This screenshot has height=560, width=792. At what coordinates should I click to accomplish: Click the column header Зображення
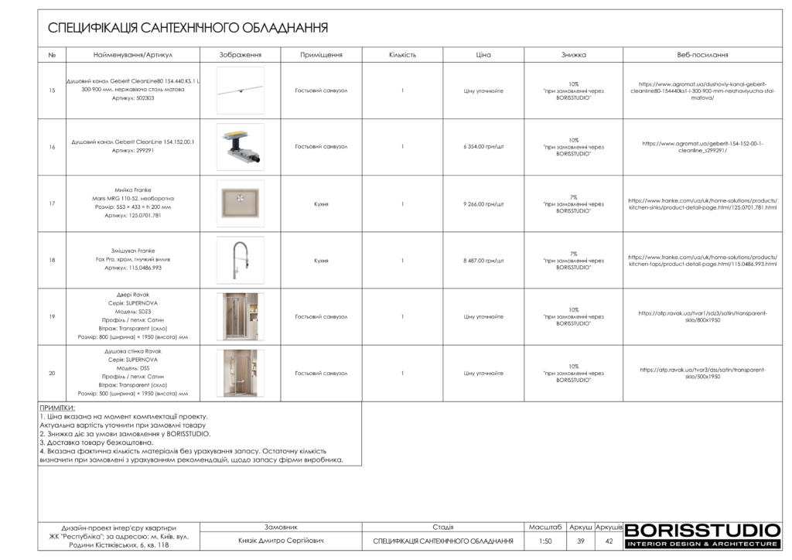(x=240, y=55)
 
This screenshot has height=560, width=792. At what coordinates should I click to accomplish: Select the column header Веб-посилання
(x=702, y=55)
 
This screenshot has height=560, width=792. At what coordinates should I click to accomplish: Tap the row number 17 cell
(x=52, y=204)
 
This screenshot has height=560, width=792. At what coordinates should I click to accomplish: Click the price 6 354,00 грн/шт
(x=483, y=146)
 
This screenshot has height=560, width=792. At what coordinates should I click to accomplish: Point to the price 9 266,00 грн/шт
(x=483, y=204)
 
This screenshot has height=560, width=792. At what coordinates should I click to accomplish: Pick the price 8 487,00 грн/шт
(x=483, y=261)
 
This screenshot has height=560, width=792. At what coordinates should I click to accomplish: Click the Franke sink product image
(x=240, y=203)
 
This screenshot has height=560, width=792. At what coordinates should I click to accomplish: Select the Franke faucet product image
(x=240, y=260)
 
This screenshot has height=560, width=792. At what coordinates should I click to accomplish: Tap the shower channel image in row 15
(x=240, y=90)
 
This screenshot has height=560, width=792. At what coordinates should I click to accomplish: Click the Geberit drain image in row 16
(x=240, y=146)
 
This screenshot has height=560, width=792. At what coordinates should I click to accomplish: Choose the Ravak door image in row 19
(x=240, y=316)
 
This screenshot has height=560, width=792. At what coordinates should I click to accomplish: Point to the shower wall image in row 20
(x=240, y=373)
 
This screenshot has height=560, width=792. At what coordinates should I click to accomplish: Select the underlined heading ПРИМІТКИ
(x=57, y=408)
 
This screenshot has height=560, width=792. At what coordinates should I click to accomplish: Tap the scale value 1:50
(x=545, y=541)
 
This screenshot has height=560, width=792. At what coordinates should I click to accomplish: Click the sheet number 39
(x=581, y=541)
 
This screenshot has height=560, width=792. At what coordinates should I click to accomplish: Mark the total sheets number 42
(x=609, y=541)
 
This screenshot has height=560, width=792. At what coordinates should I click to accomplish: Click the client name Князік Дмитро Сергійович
(x=281, y=541)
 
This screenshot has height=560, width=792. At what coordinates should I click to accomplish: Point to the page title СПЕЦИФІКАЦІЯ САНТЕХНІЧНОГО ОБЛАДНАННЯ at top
(x=188, y=29)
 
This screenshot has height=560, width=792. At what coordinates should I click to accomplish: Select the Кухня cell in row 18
(x=321, y=261)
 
